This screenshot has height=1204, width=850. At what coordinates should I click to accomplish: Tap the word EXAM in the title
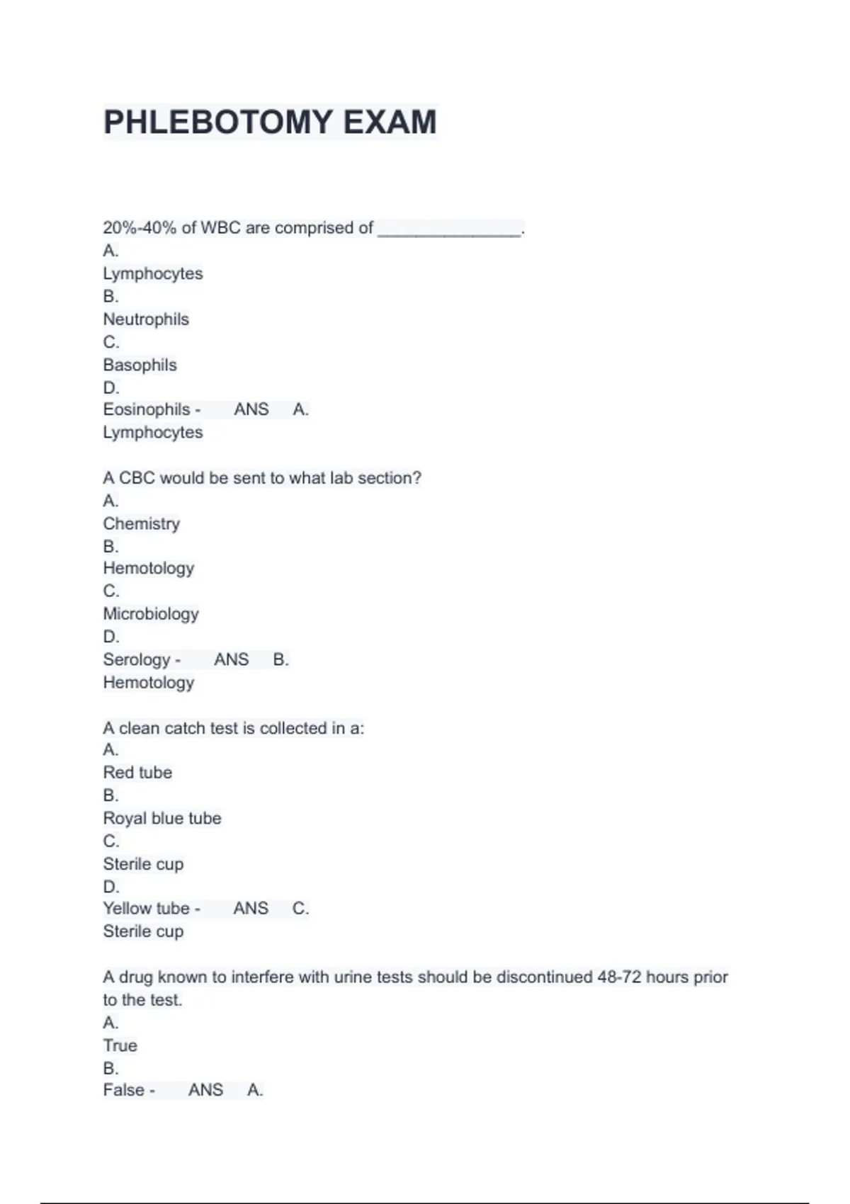(x=390, y=122)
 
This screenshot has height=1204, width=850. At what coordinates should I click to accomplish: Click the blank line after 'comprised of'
(x=450, y=229)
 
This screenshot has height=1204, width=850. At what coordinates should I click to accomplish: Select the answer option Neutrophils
(x=146, y=319)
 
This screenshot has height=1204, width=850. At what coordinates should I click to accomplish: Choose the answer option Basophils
(x=140, y=365)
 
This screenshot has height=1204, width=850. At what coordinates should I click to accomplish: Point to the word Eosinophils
(x=147, y=409)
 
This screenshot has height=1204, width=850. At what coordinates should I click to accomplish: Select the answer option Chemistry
(x=142, y=523)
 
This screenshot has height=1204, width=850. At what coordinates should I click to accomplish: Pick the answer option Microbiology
(x=151, y=613)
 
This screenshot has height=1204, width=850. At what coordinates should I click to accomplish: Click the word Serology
(x=137, y=659)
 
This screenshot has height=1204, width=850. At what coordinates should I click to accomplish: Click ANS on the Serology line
(x=231, y=659)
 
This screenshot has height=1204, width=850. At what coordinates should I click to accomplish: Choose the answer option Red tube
(x=137, y=772)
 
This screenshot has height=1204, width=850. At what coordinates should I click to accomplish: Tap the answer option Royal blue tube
(x=162, y=818)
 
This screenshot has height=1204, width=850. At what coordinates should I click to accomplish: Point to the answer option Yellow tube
(x=147, y=908)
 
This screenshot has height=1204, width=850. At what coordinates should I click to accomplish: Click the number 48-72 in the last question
(x=619, y=977)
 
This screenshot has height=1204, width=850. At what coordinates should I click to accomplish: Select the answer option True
(x=120, y=1045)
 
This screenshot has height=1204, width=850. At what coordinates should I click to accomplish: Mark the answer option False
(x=124, y=1090)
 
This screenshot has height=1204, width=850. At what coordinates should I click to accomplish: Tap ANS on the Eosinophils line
(x=251, y=409)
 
